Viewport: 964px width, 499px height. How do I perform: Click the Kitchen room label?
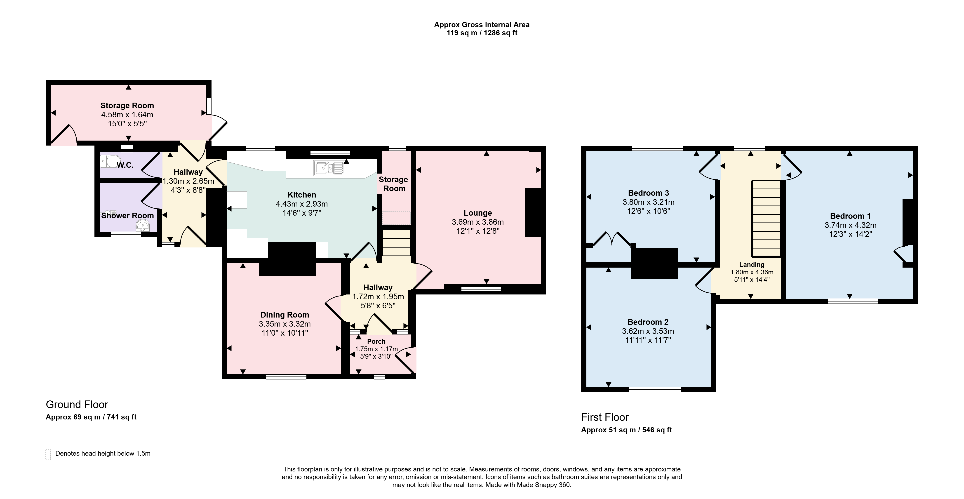tap(302, 195)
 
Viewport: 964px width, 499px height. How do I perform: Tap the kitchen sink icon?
tap(329, 168)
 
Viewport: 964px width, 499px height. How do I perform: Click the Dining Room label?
tap(285, 315)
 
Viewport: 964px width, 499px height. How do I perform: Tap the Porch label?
tap(376, 341)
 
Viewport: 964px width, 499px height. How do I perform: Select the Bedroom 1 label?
tap(850, 216)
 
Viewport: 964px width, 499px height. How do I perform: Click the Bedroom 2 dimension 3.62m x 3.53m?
tap(648, 331)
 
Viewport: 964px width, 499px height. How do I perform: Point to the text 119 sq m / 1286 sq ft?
tap(482, 33)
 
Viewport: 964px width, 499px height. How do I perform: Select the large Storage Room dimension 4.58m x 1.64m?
tap(127, 115)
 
